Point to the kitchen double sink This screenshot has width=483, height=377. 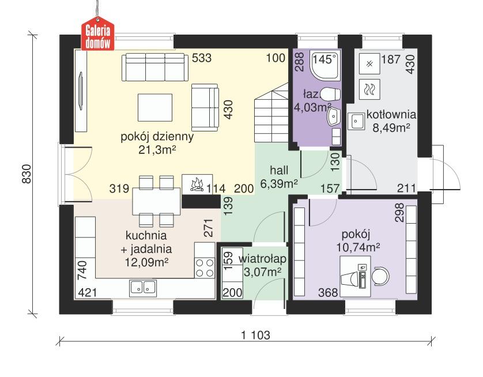pyautogui.click(x=143, y=286)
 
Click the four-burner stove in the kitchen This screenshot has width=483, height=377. pyautogui.click(x=205, y=268)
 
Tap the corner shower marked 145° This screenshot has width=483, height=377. pyautogui.click(x=324, y=65)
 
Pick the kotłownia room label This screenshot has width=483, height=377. pyautogui.click(x=391, y=114)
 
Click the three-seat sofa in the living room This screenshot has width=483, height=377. pyautogui.click(x=154, y=67)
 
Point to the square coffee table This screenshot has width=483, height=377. pyautogui.click(x=154, y=107)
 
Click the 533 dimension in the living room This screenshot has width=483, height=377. pyautogui.click(x=201, y=58)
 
